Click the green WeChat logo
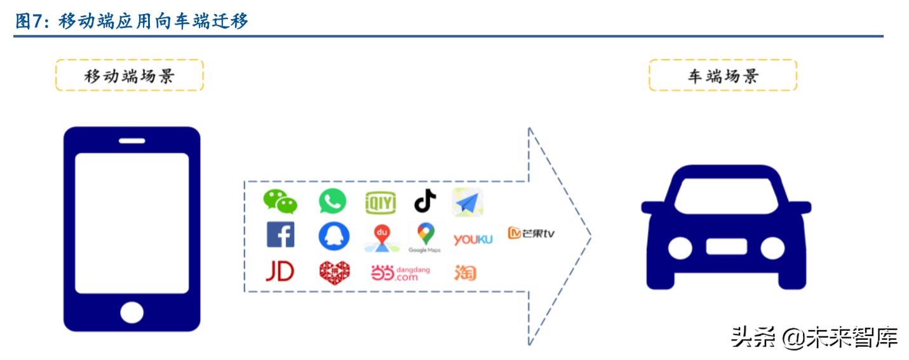click(x=280, y=202)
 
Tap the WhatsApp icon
click(x=332, y=202)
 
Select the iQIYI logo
click(x=380, y=203)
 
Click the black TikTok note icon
click(x=426, y=202)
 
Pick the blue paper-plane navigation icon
click(x=468, y=203)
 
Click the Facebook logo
click(x=280, y=235)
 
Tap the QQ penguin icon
click(x=333, y=236)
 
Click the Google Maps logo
click(x=425, y=236)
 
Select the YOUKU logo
click(x=473, y=239)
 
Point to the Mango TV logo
click(x=531, y=233)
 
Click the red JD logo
click(x=279, y=272)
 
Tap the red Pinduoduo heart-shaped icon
click(x=334, y=272)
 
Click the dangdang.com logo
click(x=400, y=273)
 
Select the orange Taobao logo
click(x=465, y=272)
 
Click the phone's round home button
click(x=131, y=312)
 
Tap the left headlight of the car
click(x=680, y=248)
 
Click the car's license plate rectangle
click(x=726, y=246)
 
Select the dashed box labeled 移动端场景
click(x=130, y=76)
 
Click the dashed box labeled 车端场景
click(x=723, y=76)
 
